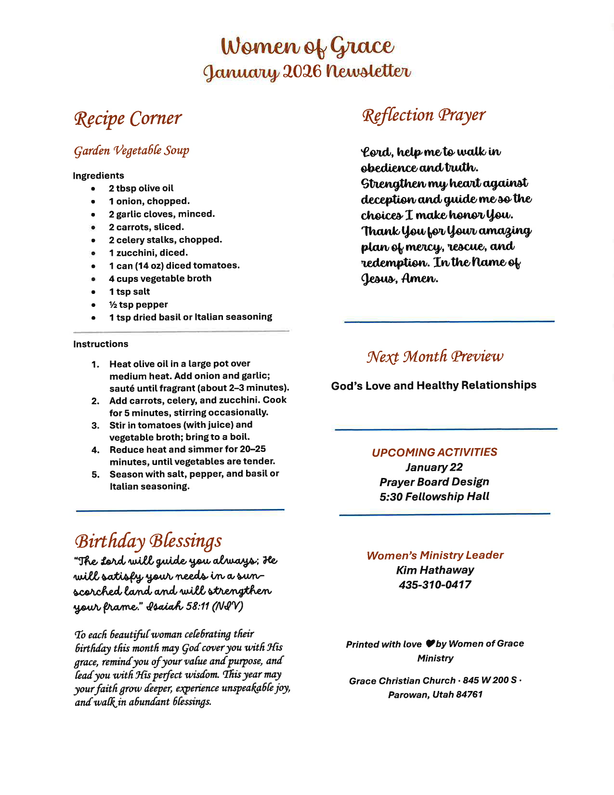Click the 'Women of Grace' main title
tap(307, 46)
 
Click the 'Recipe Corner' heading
tap(128, 119)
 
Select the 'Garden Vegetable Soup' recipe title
tap(131, 151)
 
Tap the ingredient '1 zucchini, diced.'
tap(148, 252)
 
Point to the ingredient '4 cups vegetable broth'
tap(160, 278)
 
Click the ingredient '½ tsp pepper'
tap(138, 305)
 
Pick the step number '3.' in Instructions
tap(95, 425)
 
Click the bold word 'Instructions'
tap(101, 344)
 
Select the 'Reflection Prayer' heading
tap(423, 116)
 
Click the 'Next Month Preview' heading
tap(435, 357)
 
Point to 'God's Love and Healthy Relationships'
tap(433, 385)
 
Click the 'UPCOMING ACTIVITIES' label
tap(434, 452)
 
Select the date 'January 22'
tap(434, 467)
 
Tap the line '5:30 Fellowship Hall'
tap(434, 497)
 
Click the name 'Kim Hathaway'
tap(435, 570)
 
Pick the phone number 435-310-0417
tap(435, 585)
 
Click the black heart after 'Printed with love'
tap(431, 644)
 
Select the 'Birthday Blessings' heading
tap(148, 541)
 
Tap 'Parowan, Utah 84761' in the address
tap(435, 695)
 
